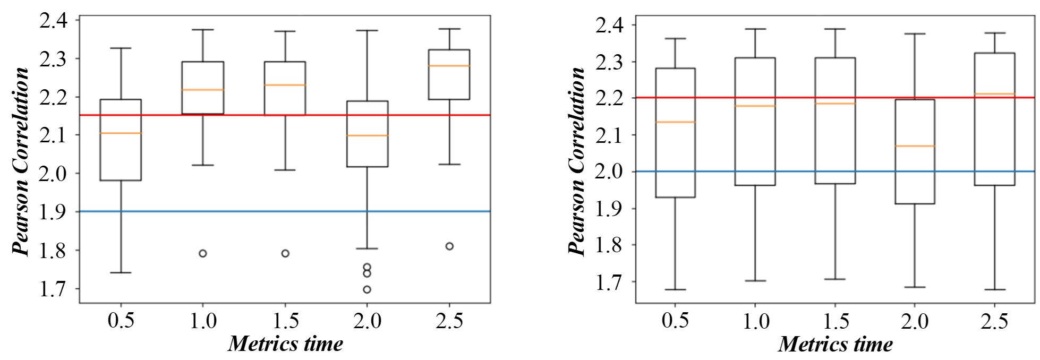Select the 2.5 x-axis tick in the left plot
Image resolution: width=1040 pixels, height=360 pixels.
click(449, 321)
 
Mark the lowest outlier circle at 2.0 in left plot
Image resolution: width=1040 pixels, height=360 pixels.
click(366, 289)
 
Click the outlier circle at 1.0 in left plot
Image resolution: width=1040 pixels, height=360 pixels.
click(203, 253)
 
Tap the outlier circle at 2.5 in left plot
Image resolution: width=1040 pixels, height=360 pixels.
click(449, 246)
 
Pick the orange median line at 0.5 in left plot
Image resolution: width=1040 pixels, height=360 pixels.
click(121, 133)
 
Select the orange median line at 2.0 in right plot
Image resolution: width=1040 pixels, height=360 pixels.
click(915, 145)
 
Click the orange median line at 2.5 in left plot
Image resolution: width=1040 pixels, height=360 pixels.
click(449, 66)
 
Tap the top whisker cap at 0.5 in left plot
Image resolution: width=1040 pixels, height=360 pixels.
click(121, 48)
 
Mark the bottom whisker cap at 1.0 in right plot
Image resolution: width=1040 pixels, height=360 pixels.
click(755, 280)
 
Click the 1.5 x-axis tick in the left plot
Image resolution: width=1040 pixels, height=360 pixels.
click(285, 321)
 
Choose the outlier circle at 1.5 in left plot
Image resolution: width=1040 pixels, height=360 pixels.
click(285, 253)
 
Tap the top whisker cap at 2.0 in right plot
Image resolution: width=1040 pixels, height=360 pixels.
click(915, 34)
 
